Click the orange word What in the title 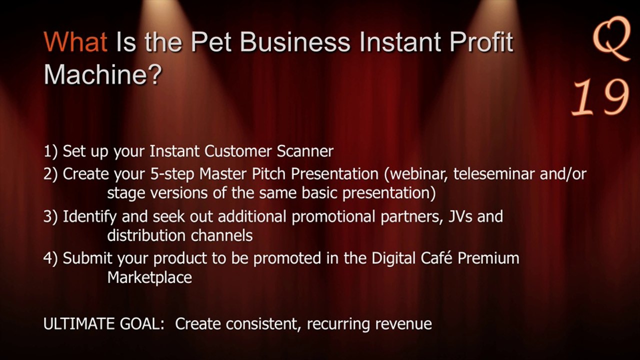[75, 42]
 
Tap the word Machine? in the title [103, 74]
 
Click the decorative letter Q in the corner [611, 38]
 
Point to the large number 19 [600, 97]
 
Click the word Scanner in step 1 [305, 151]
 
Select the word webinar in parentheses [415, 173]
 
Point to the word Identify [89, 217]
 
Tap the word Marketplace [149, 277]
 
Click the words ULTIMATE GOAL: [104, 324]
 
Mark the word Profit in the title [481, 42]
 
